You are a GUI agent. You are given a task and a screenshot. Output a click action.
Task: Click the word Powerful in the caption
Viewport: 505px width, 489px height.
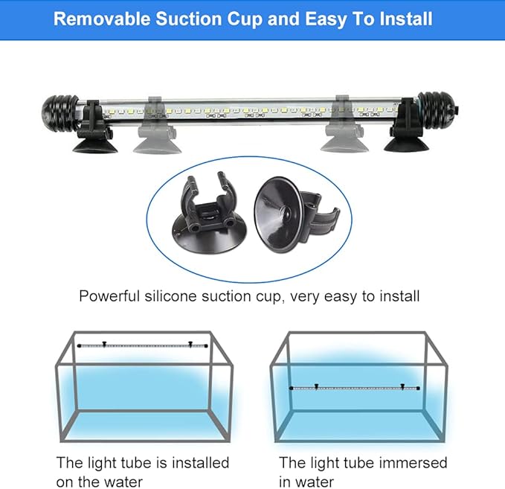point(109,296)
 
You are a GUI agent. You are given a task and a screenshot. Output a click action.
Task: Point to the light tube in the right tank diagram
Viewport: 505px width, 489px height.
point(353,388)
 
